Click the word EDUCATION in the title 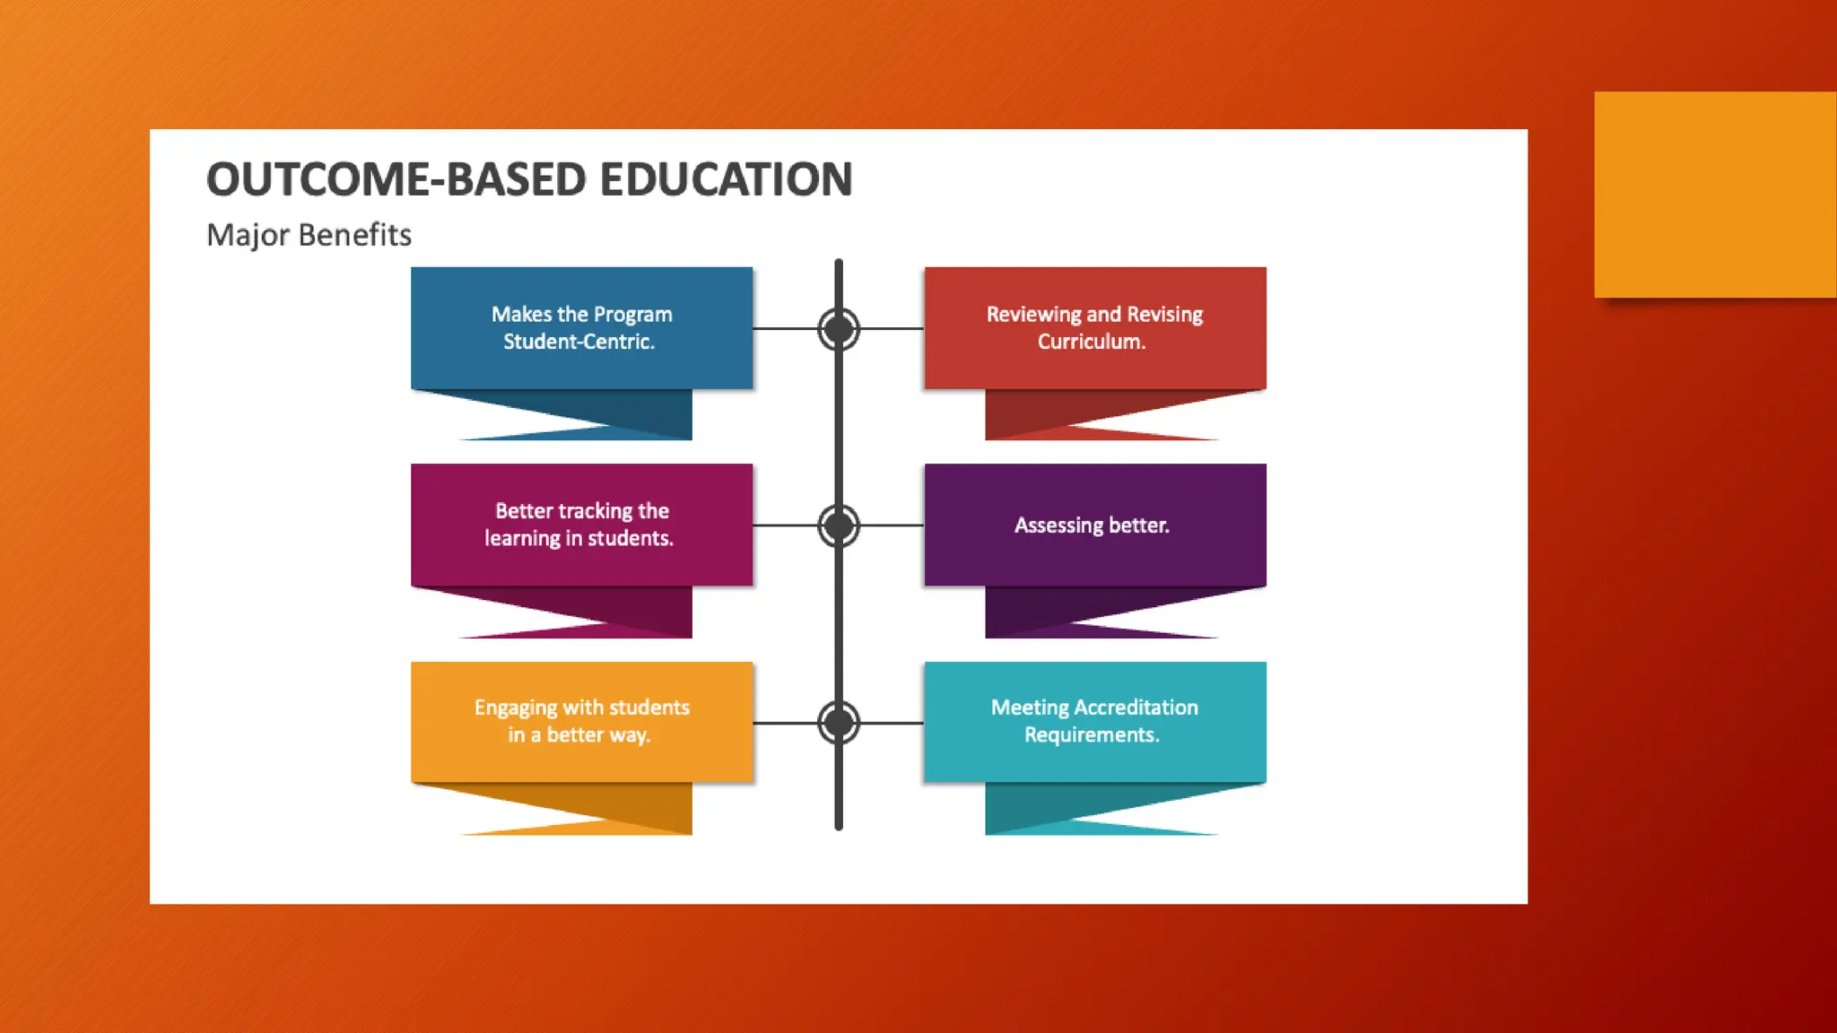point(726,179)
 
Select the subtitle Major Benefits point(309,235)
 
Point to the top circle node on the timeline point(839,329)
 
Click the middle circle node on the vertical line point(839,525)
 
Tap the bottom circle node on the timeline point(839,723)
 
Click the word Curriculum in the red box point(1092,342)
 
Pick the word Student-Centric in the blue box point(579,342)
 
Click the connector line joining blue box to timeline point(784,329)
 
